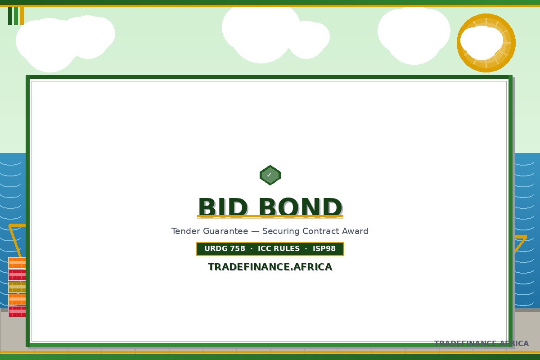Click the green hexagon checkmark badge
pos(270,175)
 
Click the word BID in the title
pos(223,207)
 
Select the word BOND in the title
pos(301,207)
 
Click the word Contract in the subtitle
pos(320,231)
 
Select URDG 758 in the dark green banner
pos(225,248)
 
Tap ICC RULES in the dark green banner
pos(279,248)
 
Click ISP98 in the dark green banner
pos(324,248)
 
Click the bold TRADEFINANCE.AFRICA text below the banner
pos(270,267)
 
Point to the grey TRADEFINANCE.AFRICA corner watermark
pos(481,343)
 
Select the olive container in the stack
pos(17,288)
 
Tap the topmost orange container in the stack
pos(17,263)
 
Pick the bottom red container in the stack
pos(17,311)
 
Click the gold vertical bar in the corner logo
pos(22,16)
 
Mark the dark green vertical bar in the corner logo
pos(10,16)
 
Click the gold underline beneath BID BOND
pos(270,216)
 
